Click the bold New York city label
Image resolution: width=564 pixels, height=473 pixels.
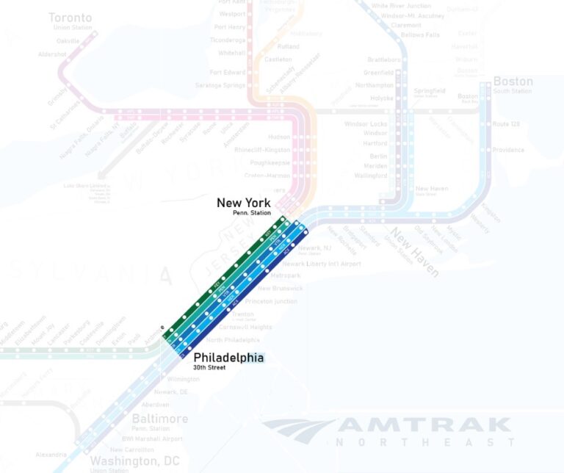click(x=243, y=203)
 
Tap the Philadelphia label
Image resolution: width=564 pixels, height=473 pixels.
click(x=228, y=357)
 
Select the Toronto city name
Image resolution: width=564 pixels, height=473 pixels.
click(x=70, y=18)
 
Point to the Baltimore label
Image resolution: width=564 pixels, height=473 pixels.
click(x=159, y=419)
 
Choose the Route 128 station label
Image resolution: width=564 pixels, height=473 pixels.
click(x=506, y=124)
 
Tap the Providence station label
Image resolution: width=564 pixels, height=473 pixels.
click(x=508, y=150)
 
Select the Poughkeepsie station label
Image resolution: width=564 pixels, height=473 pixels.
click(x=268, y=162)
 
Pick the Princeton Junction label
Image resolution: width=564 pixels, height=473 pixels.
click(x=271, y=301)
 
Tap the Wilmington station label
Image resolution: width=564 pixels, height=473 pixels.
click(x=184, y=379)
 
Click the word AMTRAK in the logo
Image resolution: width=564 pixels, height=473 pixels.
click(x=424, y=425)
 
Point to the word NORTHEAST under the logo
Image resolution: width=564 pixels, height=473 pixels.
click(x=425, y=442)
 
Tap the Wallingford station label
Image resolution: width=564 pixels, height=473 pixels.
click(x=370, y=176)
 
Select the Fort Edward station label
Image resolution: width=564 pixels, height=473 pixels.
click(x=227, y=73)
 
